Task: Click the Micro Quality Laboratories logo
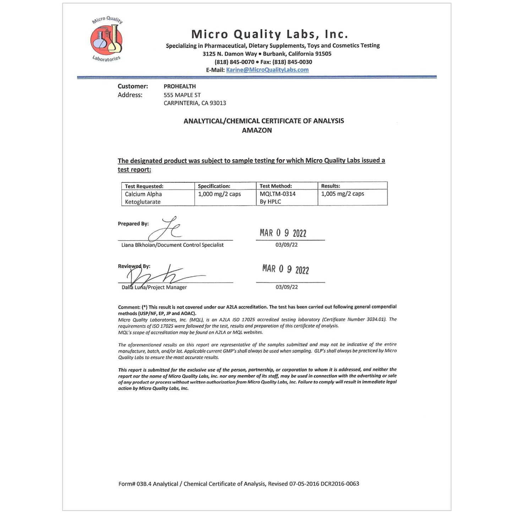pos(107,40)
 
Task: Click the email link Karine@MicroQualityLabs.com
pos(267,70)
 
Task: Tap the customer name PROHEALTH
pos(180,86)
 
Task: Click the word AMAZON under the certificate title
pos(257,130)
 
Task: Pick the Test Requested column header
pos(144,186)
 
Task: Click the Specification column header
pos(214,186)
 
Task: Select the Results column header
pos(330,186)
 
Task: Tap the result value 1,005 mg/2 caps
pos(342,194)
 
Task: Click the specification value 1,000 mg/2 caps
pos(219,194)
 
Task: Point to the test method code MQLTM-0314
pos(277,194)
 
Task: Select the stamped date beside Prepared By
pos(283,233)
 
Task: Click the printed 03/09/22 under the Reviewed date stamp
pos(286,287)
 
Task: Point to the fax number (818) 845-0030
pos(292,62)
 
